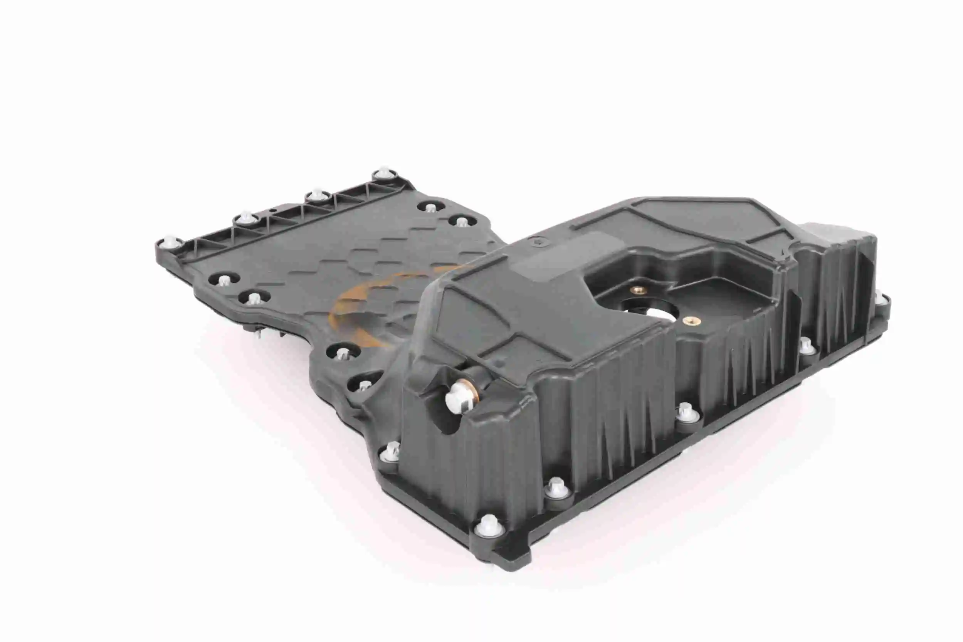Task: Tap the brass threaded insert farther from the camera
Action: pos(638,290)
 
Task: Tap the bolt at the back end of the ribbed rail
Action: pos(384,172)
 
